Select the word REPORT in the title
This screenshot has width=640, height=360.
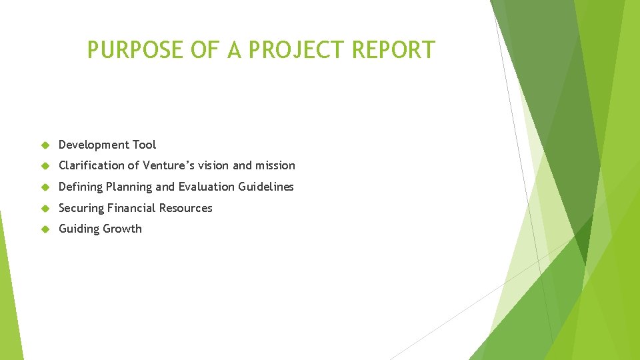(x=396, y=50)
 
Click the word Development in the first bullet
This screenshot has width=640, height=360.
(x=93, y=145)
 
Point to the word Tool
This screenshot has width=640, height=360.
(x=144, y=145)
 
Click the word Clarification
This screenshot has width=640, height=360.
(x=91, y=165)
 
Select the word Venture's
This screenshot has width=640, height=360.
(x=170, y=165)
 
